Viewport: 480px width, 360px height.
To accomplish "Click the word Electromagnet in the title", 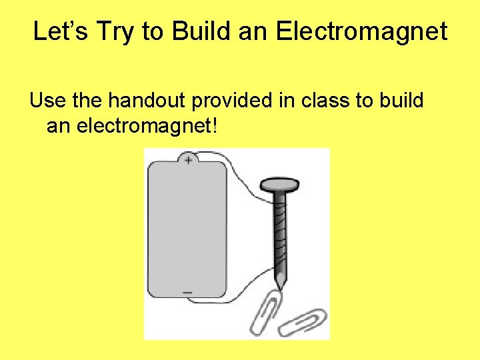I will tap(373, 31).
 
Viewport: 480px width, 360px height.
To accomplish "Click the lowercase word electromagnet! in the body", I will tap(148, 125).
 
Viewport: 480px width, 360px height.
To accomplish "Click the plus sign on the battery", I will tap(188, 160).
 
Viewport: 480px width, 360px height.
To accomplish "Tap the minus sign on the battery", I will tap(187, 292).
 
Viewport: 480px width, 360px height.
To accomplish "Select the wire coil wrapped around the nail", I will tap(279, 233).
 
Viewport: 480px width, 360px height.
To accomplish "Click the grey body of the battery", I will tap(187, 227).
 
